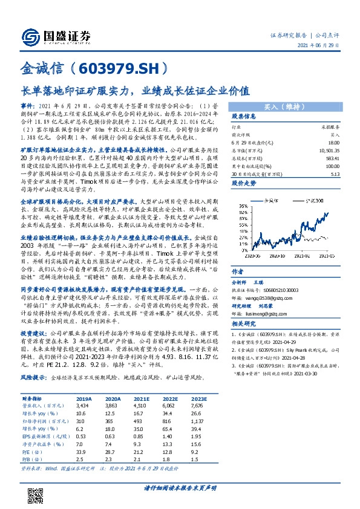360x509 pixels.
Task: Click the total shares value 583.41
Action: [x=332, y=157]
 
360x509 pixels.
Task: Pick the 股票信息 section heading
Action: [x=244, y=116]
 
